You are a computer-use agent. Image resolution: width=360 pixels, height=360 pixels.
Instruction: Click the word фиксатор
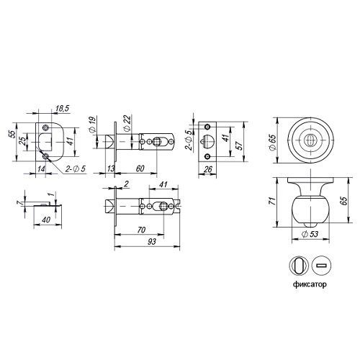(x=310, y=284)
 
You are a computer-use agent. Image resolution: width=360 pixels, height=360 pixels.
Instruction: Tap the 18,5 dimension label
(x=62, y=109)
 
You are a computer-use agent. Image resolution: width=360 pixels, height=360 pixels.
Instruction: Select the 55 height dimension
(x=13, y=134)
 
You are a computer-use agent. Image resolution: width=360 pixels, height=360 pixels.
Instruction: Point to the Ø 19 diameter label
(x=93, y=125)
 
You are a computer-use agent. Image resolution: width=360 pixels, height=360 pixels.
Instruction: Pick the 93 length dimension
(x=152, y=242)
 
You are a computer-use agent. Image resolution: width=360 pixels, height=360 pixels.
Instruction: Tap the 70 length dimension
(x=141, y=230)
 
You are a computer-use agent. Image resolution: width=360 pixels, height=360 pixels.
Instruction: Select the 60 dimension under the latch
(x=140, y=168)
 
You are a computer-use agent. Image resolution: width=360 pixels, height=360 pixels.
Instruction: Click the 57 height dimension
(x=240, y=144)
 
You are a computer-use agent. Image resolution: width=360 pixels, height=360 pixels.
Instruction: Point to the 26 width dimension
(x=208, y=169)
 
